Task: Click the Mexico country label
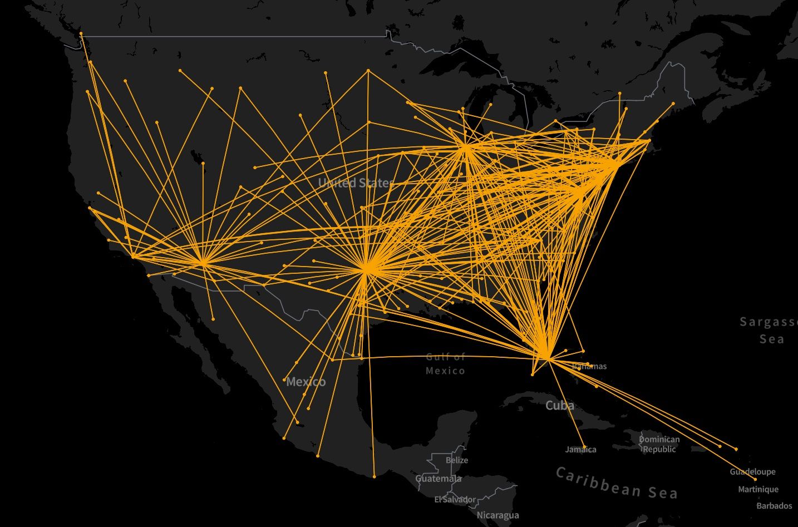coord(306,382)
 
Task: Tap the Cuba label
coord(560,405)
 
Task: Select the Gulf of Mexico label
coord(445,364)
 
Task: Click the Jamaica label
coord(580,450)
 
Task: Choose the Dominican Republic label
coord(659,444)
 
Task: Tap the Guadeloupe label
coord(752,472)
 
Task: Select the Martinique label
coord(758,490)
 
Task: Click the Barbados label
coord(774,506)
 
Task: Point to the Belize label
coord(457,460)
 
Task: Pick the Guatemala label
coord(439,479)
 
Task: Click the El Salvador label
coord(455,499)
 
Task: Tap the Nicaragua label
coord(497,515)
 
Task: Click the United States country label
coord(355,183)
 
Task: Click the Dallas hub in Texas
coord(366,270)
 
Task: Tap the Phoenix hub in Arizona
coord(203,262)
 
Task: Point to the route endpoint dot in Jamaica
coord(584,446)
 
